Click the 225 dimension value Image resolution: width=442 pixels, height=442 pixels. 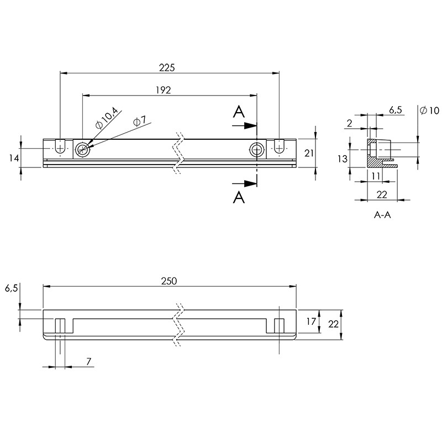(167, 67)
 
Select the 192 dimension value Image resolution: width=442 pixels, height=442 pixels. (164, 90)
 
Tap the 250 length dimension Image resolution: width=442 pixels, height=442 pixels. (169, 281)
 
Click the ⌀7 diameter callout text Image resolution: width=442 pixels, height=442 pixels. (140, 122)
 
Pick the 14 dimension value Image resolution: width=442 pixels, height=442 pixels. (14, 159)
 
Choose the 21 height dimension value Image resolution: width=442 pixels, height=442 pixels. (309, 154)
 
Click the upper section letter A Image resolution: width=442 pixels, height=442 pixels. (239, 112)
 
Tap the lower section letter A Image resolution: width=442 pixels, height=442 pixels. (239, 197)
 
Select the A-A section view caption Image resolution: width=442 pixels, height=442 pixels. (382, 215)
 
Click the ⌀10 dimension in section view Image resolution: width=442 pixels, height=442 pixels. (429, 110)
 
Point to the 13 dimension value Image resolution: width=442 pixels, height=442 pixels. (343, 159)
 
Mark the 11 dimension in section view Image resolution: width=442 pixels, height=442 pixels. (376, 176)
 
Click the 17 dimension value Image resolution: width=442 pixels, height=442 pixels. (311, 322)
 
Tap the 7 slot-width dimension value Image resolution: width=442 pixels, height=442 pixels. (89, 362)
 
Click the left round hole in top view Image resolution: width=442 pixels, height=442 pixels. (82, 150)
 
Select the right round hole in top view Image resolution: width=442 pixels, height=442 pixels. (257, 150)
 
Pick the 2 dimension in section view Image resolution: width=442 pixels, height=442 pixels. (350, 123)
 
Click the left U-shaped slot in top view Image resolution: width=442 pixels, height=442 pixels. (60, 146)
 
